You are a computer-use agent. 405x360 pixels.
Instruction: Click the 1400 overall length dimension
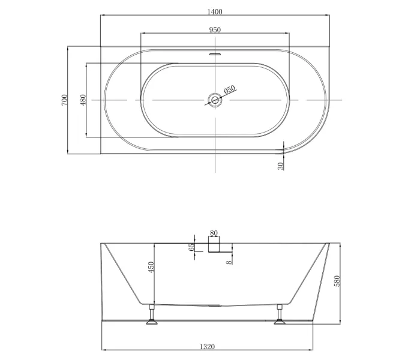[x=215, y=12]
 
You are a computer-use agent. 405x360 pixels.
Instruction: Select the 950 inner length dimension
[x=215, y=30]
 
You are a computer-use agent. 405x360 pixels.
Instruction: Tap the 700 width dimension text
[x=64, y=100]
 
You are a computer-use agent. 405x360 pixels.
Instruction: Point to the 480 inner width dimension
[x=83, y=100]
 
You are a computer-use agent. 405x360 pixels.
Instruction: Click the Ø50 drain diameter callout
[x=230, y=89]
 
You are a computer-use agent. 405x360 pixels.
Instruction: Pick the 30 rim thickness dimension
[x=281, y=166]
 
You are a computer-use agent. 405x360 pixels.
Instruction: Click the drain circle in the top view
[x=215, y=100]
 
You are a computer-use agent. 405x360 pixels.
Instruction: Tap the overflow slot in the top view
[x=215, y=54]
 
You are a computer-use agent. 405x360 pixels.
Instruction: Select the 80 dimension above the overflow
[x=214, y=233]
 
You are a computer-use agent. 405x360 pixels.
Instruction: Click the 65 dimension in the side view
[x=191, y=247]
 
